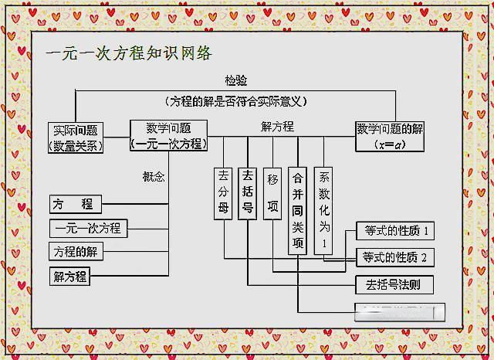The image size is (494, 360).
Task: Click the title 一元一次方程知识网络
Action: (x=129, y=54)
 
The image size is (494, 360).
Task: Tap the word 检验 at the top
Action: (x=236, y=80)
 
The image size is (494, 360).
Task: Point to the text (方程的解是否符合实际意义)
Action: (x=236, y=101)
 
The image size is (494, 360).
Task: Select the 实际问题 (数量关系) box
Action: (x=76, y=137)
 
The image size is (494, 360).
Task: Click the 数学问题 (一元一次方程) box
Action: (x=167, y=136)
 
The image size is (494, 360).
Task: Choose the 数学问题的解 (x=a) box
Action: (x=390, y=136)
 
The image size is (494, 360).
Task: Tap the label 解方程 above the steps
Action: (x=277, y=127)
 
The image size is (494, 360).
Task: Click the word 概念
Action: (x=154, y=177)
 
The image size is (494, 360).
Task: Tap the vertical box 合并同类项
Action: (x=298, y=209)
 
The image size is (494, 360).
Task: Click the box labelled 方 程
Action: (x=76, y=205)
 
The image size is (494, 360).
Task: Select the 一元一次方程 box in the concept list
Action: (x=88, y=229)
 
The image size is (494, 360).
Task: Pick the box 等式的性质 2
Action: (x=394, y=257)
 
